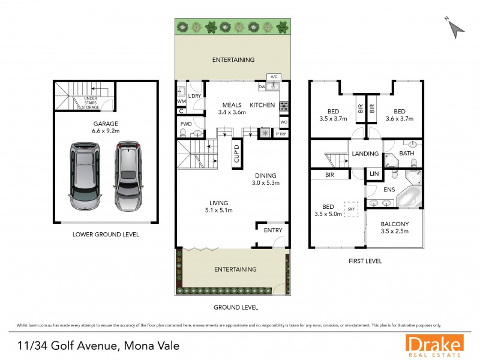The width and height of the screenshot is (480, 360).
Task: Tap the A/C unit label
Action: (274, 77)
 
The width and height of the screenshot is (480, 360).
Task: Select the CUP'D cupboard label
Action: (236, 153)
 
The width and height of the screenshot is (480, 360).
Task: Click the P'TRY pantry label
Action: (281, 134)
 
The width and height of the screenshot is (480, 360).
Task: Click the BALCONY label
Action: (394, 224)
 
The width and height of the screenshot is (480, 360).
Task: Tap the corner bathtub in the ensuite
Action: (411, 195)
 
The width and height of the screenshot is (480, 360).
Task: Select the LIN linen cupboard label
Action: (374, 173)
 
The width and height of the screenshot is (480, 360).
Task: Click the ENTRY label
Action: (272, 230)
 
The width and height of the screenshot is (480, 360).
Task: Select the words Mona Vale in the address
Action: (151, 346)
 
